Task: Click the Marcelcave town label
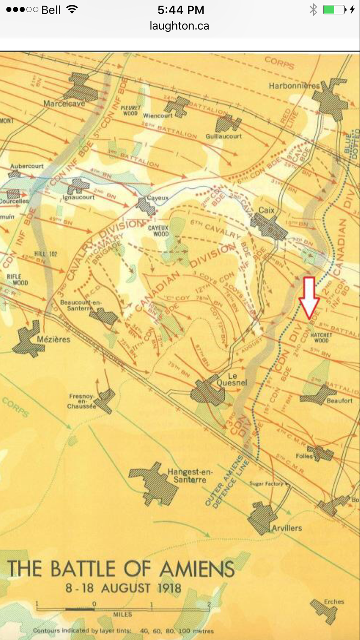pyautogui.click(x=64, y=104)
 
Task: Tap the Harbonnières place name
pyautogui.click(x=294, y=86)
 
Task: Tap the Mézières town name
pyautogui.click(x=54, y=340)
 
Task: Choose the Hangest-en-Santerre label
pyautogui.click(x=187, y=475)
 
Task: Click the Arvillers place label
pyautogui.click(x=287, y=528)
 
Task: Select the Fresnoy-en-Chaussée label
pyautogui.click(x=82, y=401)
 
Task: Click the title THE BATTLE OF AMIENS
pyautogui.click(x=121, y=569)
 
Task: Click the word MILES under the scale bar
pyautogui.click(x=123, y=614)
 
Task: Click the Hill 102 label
pyautogui.click(x=46, y=254)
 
